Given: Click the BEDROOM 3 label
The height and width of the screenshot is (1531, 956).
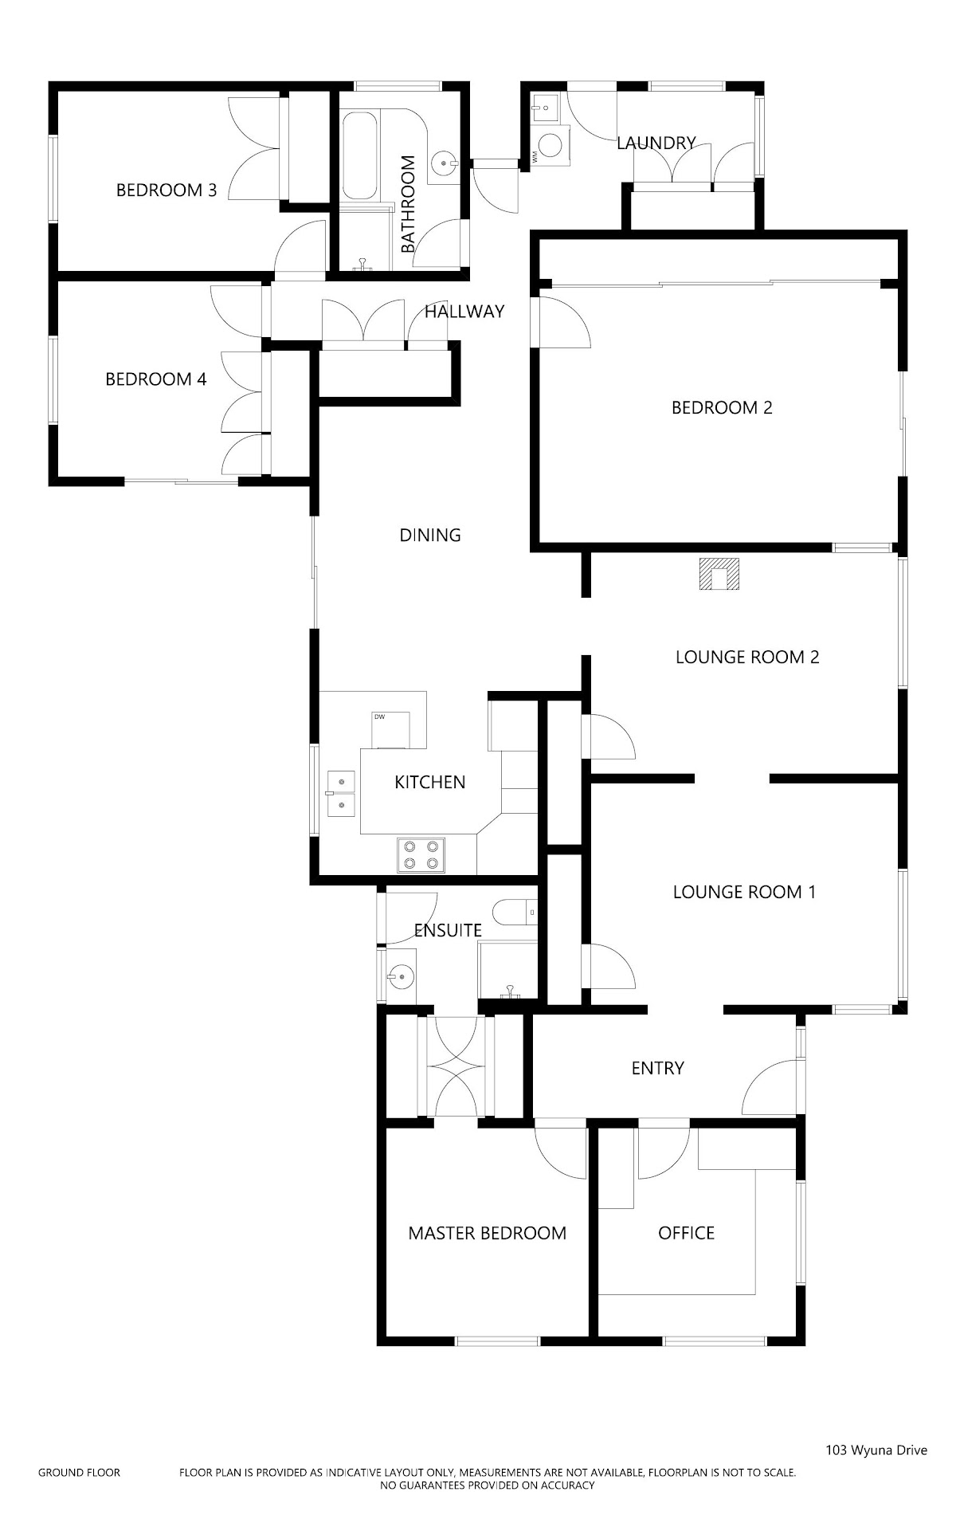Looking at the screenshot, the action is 167,190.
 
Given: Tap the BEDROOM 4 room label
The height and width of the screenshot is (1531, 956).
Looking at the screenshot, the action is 156,379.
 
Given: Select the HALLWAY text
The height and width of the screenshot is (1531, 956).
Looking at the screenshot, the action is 464,312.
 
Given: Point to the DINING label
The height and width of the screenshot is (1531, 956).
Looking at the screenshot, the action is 430,536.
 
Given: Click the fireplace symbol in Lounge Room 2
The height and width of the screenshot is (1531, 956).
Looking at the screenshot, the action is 720,574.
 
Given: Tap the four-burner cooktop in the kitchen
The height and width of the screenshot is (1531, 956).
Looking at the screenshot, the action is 421,854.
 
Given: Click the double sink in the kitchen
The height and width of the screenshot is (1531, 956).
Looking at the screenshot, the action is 341,794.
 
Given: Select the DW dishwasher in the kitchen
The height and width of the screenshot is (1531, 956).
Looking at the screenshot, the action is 391,730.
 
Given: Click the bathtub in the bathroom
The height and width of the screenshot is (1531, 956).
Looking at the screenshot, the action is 360,155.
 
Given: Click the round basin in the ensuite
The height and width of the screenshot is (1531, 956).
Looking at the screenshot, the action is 401,976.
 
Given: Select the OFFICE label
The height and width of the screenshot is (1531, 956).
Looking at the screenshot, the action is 686,1234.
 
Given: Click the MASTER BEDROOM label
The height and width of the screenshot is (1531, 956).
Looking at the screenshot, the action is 488,1234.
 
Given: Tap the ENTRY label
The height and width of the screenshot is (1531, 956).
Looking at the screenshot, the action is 657,1069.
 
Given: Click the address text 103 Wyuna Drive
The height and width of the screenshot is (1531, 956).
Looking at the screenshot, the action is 876,1451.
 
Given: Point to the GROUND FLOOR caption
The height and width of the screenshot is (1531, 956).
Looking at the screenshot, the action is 79,1473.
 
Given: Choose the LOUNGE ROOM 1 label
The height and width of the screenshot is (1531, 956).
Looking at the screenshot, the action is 744,893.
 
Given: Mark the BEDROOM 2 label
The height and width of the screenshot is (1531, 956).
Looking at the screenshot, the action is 722,408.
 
